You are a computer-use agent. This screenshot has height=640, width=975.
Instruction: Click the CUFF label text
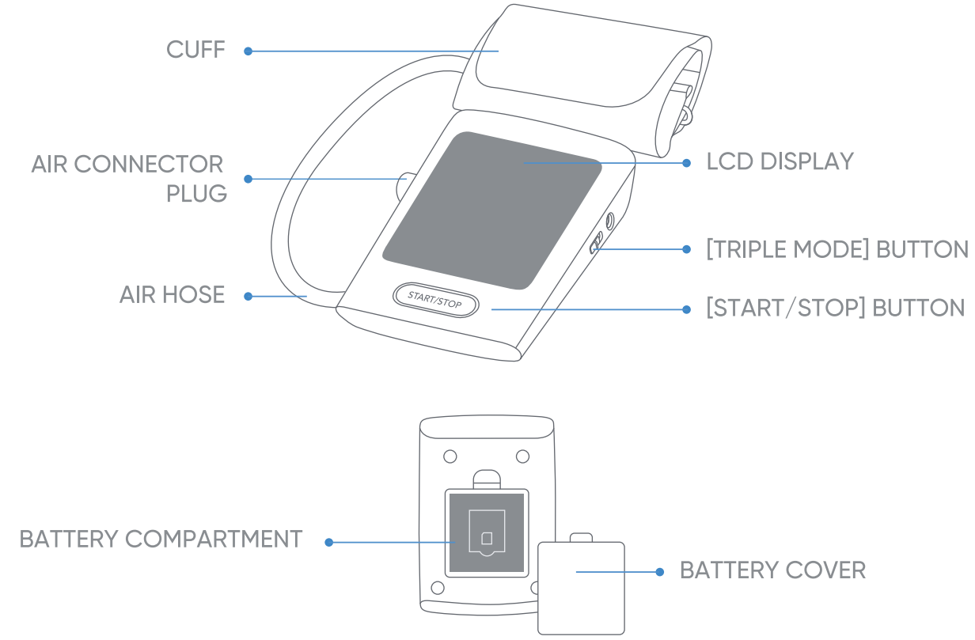[195, 50]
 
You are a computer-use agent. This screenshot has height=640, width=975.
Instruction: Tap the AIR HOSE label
[172, 295]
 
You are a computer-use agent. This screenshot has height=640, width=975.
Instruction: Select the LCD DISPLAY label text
[780, 161]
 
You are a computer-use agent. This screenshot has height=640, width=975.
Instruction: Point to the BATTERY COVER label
[772, 570]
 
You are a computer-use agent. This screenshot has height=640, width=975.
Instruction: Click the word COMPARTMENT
[214, 540]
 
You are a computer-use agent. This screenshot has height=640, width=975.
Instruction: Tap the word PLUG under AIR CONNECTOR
[196, 194]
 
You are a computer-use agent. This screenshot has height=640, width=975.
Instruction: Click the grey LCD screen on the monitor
[492, 210]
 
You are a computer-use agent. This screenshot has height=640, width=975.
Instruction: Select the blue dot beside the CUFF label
[248, 51]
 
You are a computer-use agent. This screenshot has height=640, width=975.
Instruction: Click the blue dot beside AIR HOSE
[248, 297]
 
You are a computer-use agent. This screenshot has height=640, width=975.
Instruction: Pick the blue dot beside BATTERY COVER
[660, 571]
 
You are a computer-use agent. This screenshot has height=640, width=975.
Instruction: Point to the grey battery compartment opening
[486, 532]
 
